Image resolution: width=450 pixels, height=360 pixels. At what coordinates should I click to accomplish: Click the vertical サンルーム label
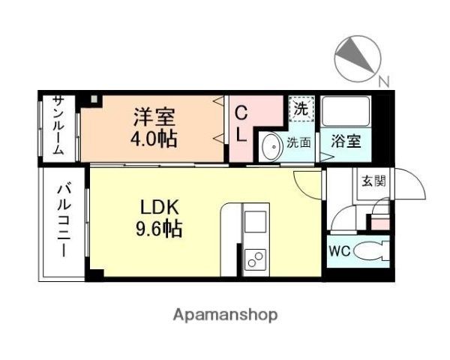58,126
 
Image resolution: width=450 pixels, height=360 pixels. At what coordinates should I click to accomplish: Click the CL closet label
242,124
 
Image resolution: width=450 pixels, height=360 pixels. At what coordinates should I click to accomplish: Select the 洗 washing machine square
301,109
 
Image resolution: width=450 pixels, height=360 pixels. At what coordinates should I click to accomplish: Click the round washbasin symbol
271,145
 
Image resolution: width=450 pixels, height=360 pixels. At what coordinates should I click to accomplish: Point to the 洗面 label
301,142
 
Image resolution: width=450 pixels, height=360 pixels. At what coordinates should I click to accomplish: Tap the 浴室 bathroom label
346,142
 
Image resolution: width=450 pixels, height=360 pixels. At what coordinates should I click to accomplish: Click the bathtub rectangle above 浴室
346,112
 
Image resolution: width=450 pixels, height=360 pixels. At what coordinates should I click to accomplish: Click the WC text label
337,250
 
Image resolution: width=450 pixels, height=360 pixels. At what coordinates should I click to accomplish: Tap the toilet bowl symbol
369,250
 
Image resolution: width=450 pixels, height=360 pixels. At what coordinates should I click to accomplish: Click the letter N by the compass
383,81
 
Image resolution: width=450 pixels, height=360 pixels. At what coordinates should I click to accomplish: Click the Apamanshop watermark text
226,315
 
